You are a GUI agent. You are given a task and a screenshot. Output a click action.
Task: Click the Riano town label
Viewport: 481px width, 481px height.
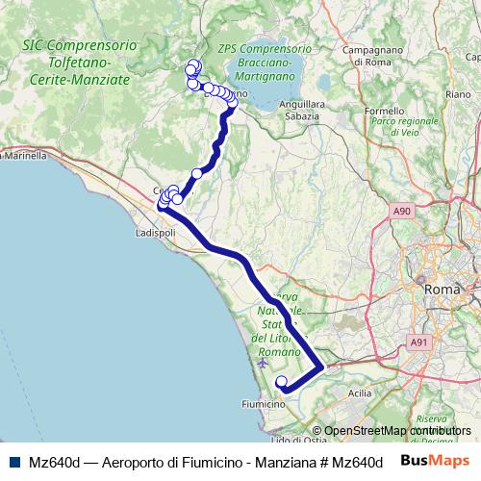click(457, 94)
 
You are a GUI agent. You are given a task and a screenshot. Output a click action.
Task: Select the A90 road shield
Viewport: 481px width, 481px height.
click(402, 209)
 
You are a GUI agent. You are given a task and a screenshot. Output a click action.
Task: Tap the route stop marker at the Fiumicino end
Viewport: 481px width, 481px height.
click(281, 382)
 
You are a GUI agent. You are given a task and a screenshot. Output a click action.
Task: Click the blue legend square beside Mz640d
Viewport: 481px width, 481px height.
click(14, 462)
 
